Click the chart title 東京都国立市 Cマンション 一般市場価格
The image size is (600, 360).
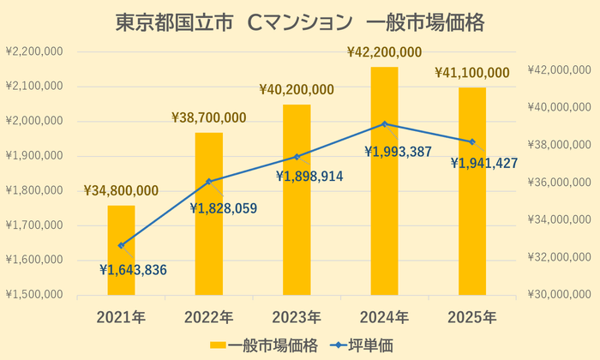coord(300,22)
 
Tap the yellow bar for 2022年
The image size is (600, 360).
coord(209,214)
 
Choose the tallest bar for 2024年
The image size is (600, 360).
coord(385,181)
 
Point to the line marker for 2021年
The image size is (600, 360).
coord(121,245)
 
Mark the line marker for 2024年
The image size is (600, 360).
coord(385,124)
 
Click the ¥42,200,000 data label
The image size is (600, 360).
coord(384,52)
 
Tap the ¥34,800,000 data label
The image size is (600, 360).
coord(121,190)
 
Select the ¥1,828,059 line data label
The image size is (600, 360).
coord(224,207)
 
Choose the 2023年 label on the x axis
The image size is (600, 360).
coord(297,317)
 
